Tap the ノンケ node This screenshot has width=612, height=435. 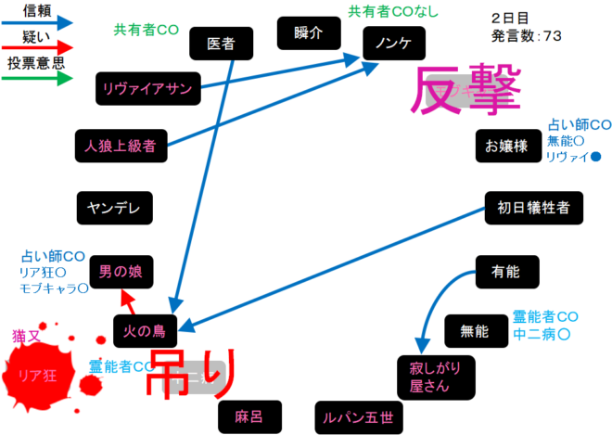coord(393,43)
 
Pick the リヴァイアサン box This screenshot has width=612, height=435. coord(148,88)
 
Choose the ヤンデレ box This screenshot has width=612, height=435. coord(114,209)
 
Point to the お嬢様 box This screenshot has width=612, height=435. coord(506,145)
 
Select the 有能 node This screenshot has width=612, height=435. coord(506,271)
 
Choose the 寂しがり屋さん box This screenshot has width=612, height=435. coord(429,376)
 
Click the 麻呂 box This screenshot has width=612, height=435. coord(249,416)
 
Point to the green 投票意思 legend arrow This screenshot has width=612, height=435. coord(37,79)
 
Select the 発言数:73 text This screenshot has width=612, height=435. coord(526,35)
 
